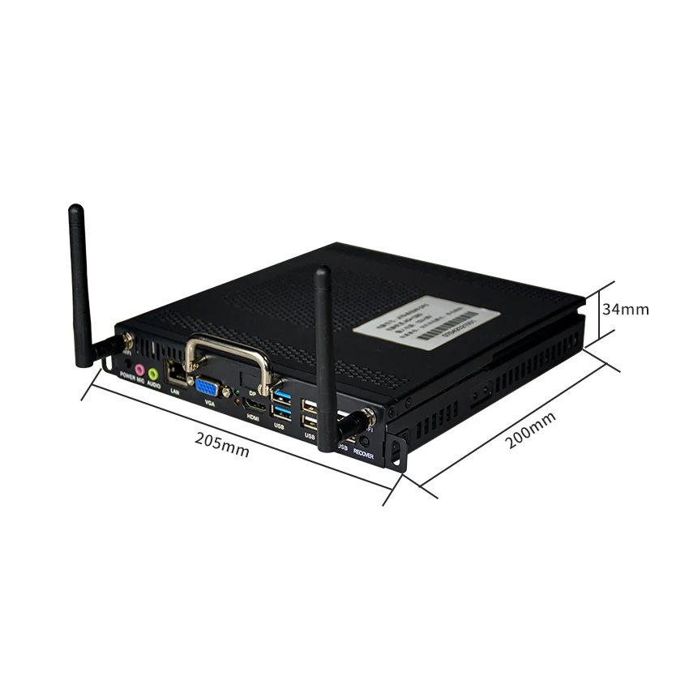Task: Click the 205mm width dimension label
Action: tap(222, 444)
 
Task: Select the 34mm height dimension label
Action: tap(625, 309)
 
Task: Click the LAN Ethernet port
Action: tap(175, 374)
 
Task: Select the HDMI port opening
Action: tap(254, 403)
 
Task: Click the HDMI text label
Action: tap(252, 417)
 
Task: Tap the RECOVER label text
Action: tap(364, 456)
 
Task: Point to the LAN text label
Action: tap(174, 392)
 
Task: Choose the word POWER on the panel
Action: tap(127, 374)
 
